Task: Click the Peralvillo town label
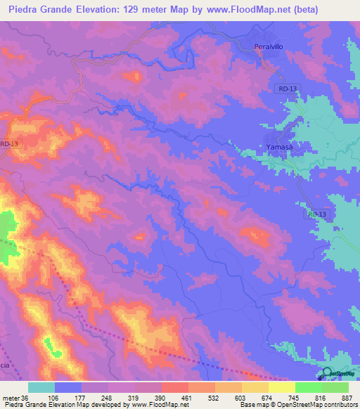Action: (x=267, y=47)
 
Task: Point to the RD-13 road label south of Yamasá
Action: (x=317, y=214)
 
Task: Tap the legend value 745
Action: (x=295, y=397)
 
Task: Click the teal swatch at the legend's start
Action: (x=41, y=387)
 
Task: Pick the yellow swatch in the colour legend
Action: (x=281, y=387)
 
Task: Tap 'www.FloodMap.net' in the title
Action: (x=236, y=10)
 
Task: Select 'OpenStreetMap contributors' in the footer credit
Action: (x=317, y=405)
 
